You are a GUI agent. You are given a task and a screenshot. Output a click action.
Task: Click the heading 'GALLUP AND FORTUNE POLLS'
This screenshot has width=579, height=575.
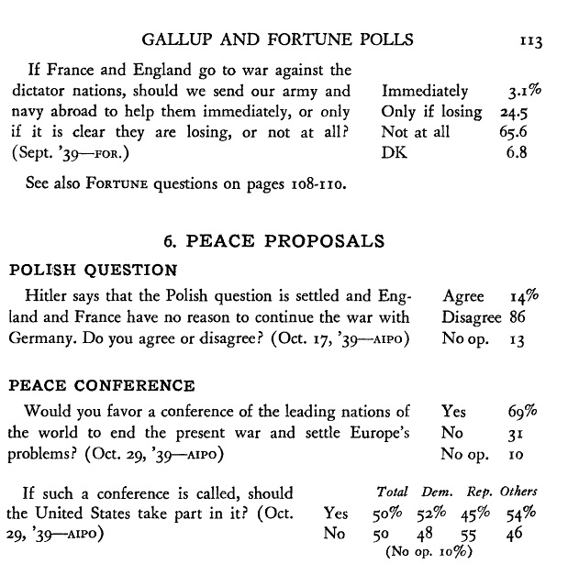tap(278, 39)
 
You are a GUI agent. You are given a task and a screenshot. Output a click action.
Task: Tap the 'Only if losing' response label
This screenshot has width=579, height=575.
tap(431, 112)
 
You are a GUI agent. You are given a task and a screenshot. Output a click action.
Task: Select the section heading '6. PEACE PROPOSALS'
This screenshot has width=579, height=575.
tap(273, 242)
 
